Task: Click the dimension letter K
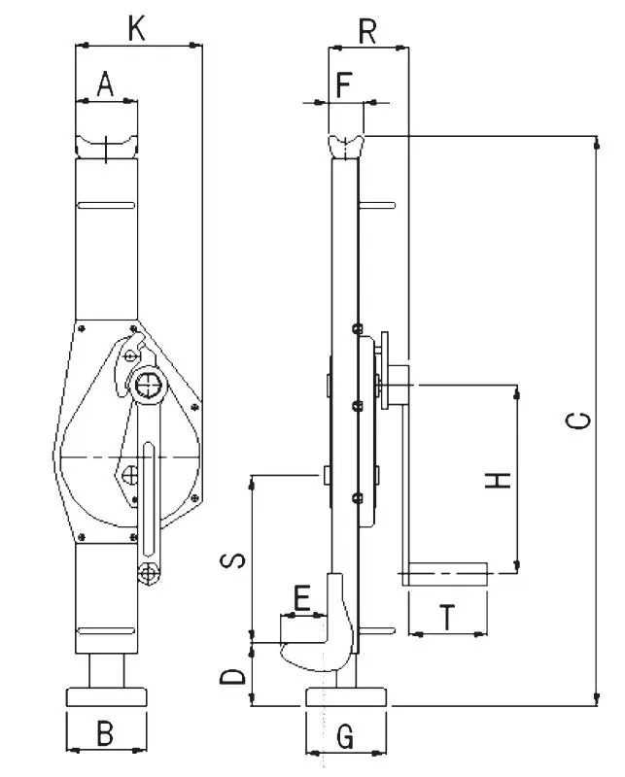tap(137, 28)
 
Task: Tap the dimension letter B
tap(106, 733)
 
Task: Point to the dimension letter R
tap(367, 31)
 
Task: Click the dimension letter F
tap(342, 85)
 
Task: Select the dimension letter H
tap(498, 479)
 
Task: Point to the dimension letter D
tap(232, 675)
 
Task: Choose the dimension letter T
tap(446, 618)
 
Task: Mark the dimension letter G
tap(344, 737)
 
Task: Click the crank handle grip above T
tap(445, 574)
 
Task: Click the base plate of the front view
tap(106, 696)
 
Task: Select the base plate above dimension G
tap(346, 696)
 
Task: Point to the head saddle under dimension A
tap(106, 146)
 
